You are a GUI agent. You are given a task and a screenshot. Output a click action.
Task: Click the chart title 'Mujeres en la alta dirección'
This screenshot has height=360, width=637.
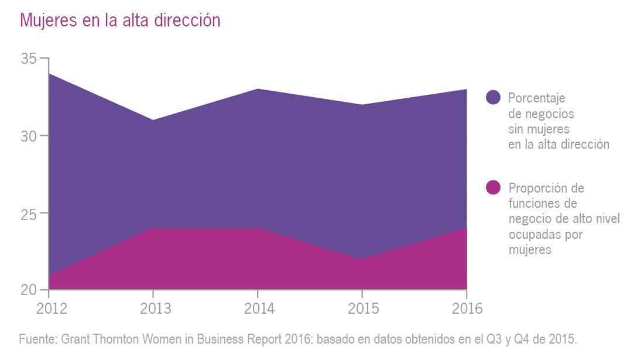[x=120, y=20]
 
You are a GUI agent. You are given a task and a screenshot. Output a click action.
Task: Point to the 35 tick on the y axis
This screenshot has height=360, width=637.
[x=29, y=59]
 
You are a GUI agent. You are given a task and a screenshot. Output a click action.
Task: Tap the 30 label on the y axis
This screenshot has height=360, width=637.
[x=29, y=136]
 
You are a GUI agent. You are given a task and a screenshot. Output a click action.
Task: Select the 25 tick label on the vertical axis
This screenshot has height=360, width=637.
[x=29, y=213]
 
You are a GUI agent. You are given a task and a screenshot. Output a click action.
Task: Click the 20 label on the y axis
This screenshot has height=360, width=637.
[x=29, y=290]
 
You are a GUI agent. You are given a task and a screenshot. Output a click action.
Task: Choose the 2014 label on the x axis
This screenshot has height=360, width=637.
[x=258, y=308]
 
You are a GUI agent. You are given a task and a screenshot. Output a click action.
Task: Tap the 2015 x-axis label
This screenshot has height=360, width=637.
[x=362, y=308]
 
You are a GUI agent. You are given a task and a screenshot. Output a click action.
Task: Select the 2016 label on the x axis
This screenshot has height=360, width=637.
[x=467, y=308]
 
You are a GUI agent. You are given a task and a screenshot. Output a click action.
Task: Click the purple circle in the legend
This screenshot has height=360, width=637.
[x=494, y=98]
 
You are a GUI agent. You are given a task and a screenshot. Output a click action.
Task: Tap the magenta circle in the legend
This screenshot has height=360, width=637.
[x=494, y=187]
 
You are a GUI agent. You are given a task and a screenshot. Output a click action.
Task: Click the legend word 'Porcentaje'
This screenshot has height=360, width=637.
[x=536, y=98]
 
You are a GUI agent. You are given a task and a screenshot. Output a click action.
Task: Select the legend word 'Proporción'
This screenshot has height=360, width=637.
[x=538, y=188]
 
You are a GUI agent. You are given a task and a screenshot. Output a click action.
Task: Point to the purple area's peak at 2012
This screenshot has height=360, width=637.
[x=50, y=74]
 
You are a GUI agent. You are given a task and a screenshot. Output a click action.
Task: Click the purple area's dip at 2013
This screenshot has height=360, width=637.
[x=153, y=120]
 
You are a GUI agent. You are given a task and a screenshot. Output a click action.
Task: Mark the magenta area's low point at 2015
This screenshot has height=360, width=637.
[x=362, y=259]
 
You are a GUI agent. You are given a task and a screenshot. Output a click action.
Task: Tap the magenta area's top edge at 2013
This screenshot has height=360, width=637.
[x=153, y=228]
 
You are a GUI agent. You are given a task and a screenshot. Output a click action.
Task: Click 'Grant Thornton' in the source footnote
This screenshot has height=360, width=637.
[x=98, y=340]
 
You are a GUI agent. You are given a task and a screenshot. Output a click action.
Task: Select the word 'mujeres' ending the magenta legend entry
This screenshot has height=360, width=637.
[x=530, y=250]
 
